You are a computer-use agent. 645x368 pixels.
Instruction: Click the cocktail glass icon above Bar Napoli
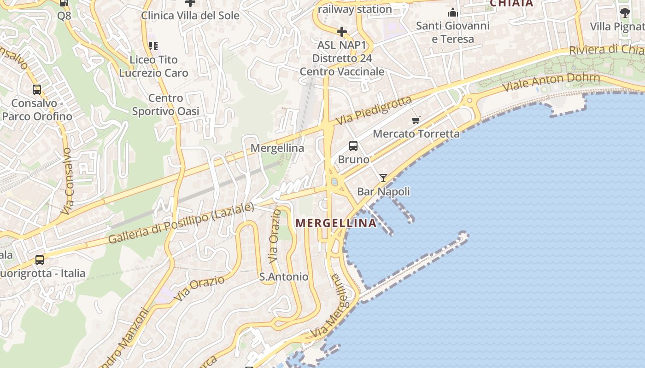click(383, 178)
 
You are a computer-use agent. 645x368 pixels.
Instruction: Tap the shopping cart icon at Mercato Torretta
click(416, 120)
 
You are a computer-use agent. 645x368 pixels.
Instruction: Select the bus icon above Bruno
click(353, 146)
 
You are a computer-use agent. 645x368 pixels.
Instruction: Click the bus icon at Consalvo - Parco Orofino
click(37, 90)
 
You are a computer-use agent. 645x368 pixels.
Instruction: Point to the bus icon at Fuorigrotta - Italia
click(40, 260)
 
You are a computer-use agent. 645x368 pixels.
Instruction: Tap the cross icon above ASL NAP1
click(341, 32)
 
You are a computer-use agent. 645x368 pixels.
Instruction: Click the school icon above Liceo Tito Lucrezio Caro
click(153, 46)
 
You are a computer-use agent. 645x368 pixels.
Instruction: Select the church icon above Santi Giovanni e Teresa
click(452, 12)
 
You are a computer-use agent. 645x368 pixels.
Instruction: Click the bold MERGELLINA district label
click(336, 223)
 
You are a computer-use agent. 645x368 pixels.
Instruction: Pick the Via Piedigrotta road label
click(373, 111)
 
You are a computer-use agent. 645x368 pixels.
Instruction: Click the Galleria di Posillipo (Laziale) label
click(181, 223)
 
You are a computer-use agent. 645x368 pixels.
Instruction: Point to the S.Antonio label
click(283, 276)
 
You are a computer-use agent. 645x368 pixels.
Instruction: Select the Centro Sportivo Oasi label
click(165, 104)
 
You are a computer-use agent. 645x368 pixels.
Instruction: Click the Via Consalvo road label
click(67, 181)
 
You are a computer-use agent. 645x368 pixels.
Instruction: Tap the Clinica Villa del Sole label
click(190, 15)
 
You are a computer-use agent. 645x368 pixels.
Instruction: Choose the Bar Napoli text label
click(383, 191)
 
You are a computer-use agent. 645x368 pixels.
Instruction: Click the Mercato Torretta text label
click(416, 134)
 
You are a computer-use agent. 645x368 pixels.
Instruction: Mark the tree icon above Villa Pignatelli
click(625, 12)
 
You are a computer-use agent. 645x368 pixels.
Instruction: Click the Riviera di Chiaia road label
click(606, 49)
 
